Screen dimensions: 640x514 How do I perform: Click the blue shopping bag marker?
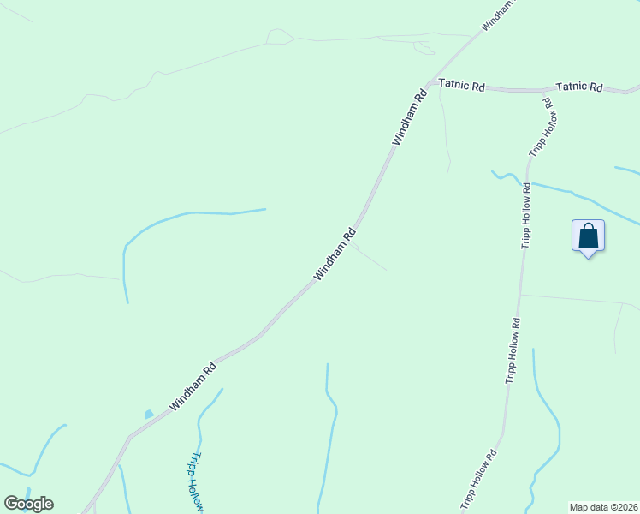tap(588, 236)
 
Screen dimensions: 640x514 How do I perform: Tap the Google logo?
tap(28, 504)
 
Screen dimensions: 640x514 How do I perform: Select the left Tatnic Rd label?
tap(462, 86)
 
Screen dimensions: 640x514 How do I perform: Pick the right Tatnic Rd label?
tap(579, 87)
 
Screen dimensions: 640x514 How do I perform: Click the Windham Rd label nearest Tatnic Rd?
tap(409, 117)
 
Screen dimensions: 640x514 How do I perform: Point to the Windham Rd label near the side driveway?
tap(335, 254)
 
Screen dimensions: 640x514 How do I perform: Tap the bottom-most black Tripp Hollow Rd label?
tap(479, 480)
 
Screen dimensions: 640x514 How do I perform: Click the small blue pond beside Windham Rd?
tap(149, 415)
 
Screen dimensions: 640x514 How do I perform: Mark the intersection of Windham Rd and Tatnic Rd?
tap(428, 84)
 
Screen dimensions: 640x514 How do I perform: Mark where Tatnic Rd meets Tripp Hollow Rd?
tap(545, 90)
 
